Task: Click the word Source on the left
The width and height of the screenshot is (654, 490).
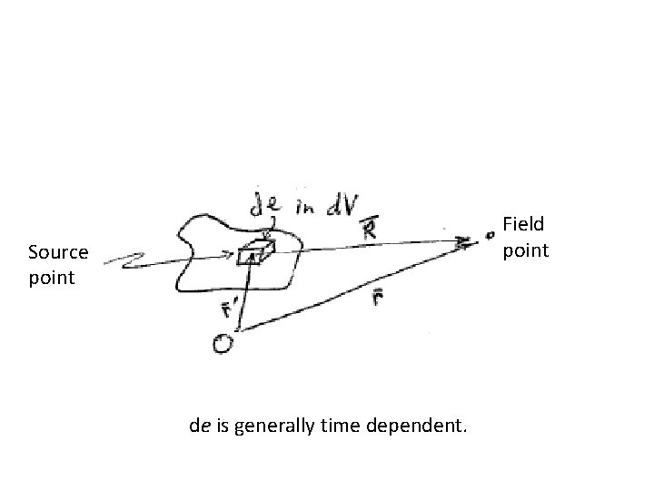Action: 58,251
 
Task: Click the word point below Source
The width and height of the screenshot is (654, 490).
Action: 52,277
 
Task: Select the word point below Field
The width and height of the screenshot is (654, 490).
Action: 527,249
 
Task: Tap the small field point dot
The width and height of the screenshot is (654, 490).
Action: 490,234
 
